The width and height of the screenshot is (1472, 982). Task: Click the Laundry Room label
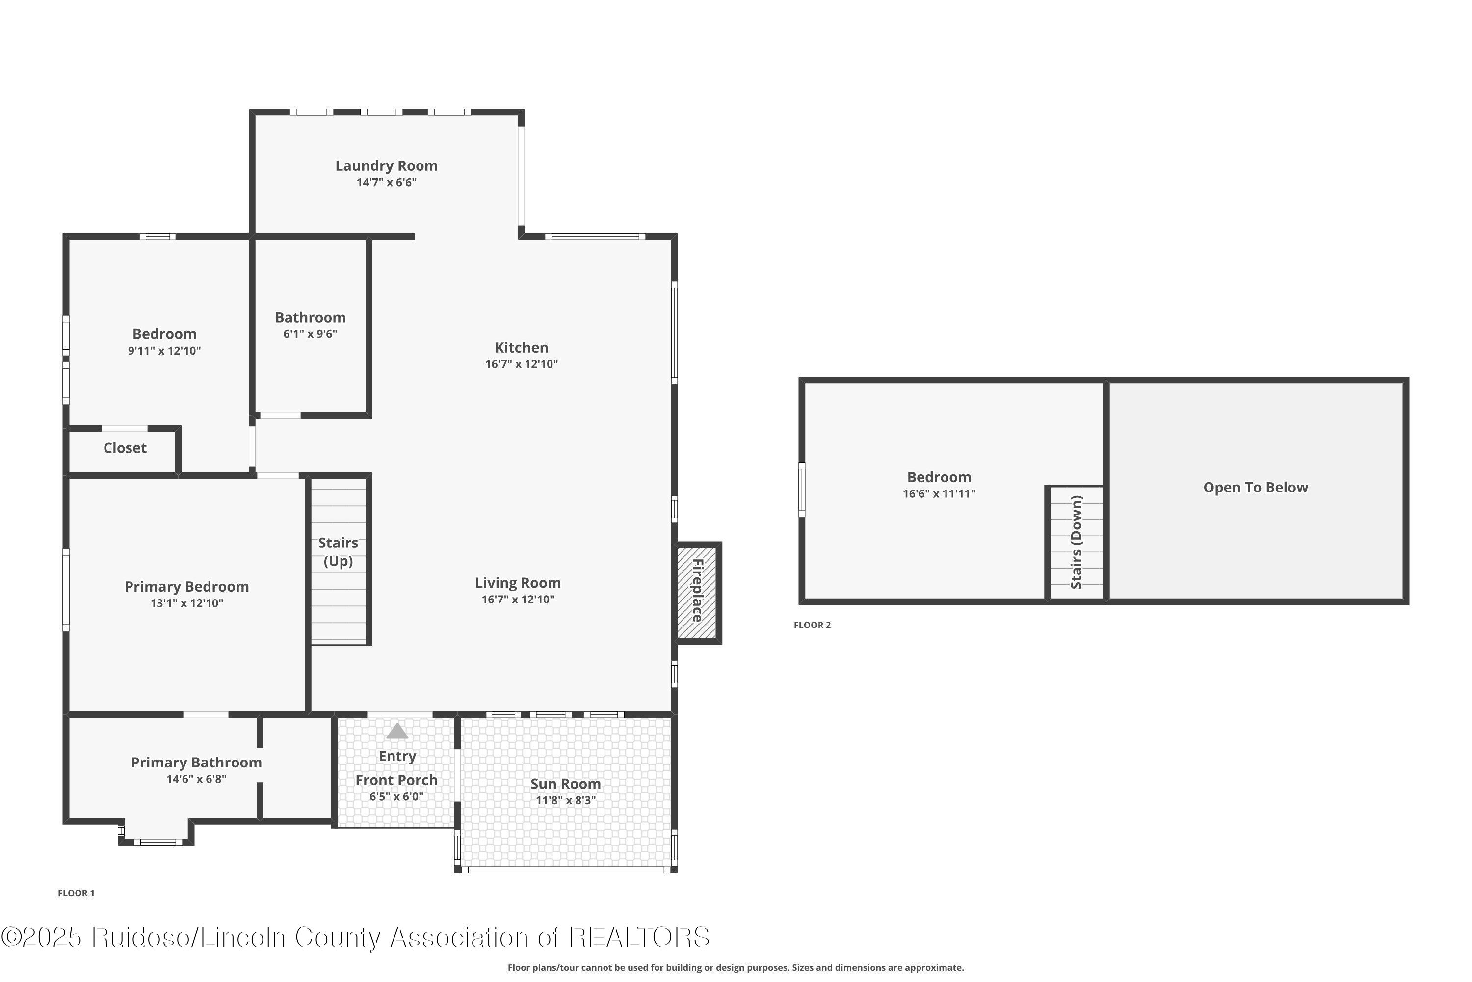point(386,166)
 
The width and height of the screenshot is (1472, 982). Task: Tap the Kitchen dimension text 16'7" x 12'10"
point(521,364)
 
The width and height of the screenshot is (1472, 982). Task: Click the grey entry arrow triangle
point(397,731)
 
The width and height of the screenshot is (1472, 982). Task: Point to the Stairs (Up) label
point(338,552)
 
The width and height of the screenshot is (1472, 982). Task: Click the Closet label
point(125,448)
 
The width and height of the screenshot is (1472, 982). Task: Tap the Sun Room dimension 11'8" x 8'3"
point(566,800)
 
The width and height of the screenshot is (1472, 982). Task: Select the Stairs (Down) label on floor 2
point(1077,543)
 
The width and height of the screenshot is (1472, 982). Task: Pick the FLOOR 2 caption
point(813,625)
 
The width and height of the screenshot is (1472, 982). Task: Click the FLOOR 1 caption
point(77,893)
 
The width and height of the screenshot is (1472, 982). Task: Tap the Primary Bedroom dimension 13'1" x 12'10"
point(186,603)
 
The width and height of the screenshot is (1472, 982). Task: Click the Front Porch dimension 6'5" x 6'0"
point(396,796)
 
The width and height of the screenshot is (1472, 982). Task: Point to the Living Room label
point(518,583)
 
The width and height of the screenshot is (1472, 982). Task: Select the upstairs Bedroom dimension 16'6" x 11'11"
point(939,493)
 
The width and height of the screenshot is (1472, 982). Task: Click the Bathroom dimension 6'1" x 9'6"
point(311,334)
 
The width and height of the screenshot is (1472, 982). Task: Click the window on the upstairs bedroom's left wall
point(802,490)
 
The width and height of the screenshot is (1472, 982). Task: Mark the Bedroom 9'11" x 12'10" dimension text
point(164,351)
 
